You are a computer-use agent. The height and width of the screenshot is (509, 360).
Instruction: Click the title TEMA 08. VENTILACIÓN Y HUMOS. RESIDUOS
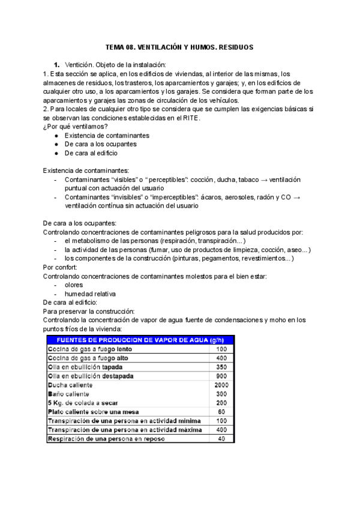tap(180, 46)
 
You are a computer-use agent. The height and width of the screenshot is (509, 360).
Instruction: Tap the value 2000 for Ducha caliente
tap(221, 385)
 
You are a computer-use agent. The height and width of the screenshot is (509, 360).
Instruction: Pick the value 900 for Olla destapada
tap(221, 376)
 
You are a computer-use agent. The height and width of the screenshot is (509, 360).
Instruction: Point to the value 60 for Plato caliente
tap(221, 412)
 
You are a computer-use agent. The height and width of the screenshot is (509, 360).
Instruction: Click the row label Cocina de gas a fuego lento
tap(89, 349)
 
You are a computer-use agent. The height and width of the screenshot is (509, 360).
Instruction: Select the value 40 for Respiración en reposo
tap(221, 439)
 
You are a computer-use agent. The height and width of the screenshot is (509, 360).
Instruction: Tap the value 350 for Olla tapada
tap(221, 367)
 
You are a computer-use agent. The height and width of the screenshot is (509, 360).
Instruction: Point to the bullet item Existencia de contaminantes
tap(107, 135)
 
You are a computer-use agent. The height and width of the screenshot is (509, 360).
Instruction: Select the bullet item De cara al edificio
tap(91, 153)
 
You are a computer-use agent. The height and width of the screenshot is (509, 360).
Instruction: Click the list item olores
tap(74, 285)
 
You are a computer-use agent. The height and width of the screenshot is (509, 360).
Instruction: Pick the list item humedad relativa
tap(90, 294)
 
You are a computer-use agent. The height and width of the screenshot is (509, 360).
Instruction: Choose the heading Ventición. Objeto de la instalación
tap(115, 64)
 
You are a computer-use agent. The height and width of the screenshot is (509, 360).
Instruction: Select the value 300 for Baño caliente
tap(221, 394)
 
